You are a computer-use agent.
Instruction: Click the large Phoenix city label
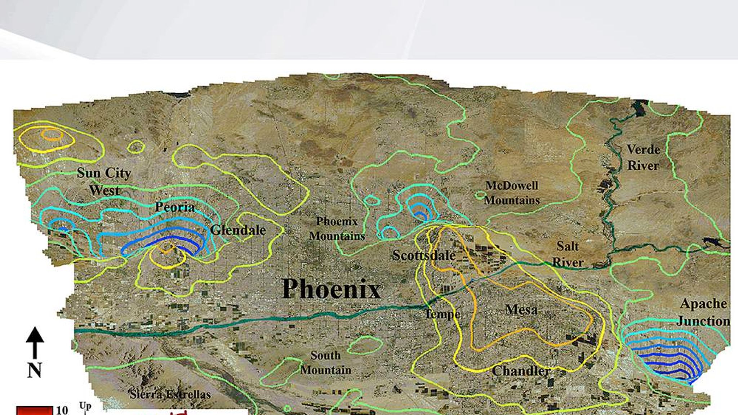[x=331, y=289]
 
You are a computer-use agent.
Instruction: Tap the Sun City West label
[x=104, y=182]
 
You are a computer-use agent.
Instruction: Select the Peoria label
[x=175, y=207]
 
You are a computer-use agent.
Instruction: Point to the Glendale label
[x=238, y=230]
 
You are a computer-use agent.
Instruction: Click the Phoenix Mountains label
[x=337, y=229]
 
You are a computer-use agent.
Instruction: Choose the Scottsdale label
[x=424, y=255]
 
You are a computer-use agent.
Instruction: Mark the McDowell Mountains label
[x=512, y=193]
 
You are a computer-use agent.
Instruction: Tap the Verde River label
[x=643, y=157]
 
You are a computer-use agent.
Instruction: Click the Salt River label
[x=568, y=254]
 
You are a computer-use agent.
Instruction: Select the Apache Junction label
[x=703, y=312]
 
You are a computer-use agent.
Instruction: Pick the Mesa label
[x=521, y=310]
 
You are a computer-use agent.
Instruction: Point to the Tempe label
[x=443, y=314]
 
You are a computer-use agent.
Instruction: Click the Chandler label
[x=521, y=371]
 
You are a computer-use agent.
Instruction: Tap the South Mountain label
[x=326, y=363]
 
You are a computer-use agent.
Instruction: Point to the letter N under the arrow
[x=35, y=370]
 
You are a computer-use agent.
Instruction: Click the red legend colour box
[x=34, y=411]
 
